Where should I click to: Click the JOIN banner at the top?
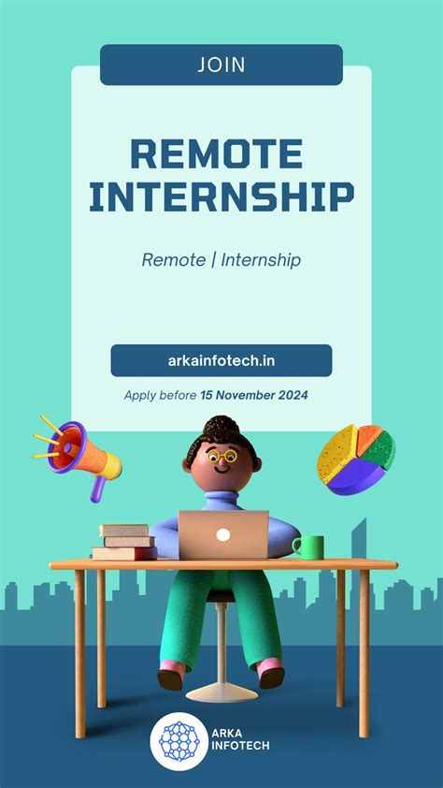click(221, 65)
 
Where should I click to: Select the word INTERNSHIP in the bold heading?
click(221, 197)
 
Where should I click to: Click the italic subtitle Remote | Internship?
click(221, 259)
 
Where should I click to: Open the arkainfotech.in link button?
click(221, 360)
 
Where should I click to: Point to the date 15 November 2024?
click(254, 395)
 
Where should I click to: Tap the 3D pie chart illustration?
click(354, 460)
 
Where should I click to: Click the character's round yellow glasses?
click(222, 458)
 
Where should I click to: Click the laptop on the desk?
click(223, 535)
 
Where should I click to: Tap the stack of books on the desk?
click(124, 542)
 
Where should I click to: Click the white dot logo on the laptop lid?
click(223, 535)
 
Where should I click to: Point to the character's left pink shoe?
click(170, 677)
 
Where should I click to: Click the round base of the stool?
click(221, 693)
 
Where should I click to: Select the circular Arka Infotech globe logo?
click(179, 740)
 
